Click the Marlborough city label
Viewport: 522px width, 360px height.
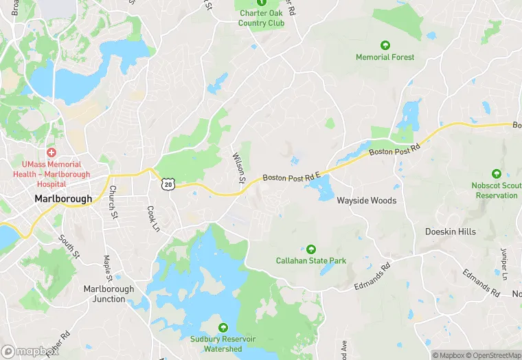tap(63, 199)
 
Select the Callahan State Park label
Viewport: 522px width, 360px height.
tap(310, 261)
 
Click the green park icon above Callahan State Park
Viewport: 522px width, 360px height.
tap(310, 249)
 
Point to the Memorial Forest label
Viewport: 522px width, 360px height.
tap(385, 57)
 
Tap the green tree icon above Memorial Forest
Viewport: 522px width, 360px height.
tap(385, 45)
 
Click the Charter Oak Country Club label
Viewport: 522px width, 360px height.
tap(262, 17)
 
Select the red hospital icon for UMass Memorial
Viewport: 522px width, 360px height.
tap(51, 152)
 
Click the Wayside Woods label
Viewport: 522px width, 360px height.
tap(366, 201)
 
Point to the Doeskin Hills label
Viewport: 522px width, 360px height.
tap(450, 232)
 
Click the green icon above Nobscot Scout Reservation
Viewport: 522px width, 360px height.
tap(496, 174)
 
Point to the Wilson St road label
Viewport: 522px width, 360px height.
tap(239, 168)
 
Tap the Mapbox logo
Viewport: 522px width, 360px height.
tap(29, 351)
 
